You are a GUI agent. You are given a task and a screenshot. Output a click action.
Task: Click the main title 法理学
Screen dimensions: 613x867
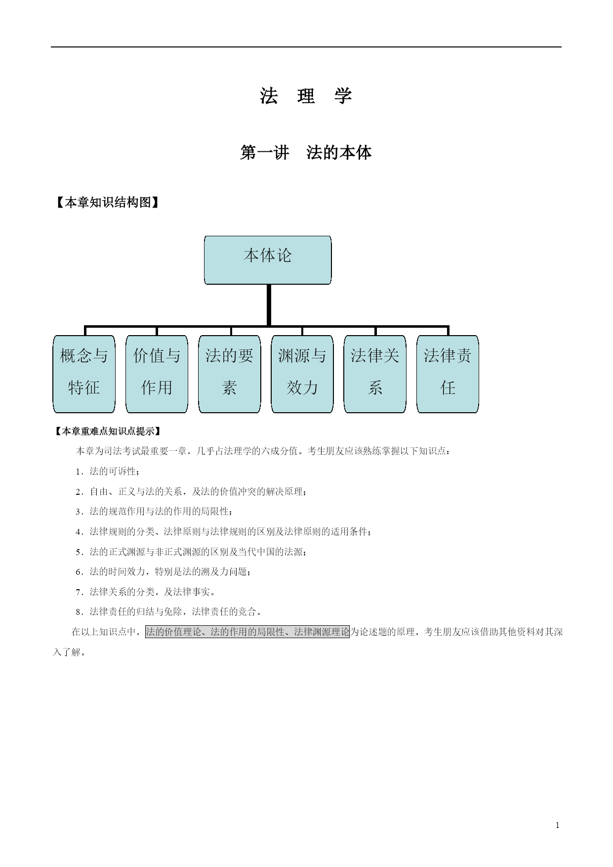pyautogui.click(x=306, y=96)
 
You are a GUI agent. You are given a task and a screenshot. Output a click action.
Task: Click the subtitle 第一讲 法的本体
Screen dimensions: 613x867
pyautogui.click(x=306, y=153)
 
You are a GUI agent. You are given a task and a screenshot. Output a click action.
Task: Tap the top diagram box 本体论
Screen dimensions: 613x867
pyautogui.click(x=268, y=260)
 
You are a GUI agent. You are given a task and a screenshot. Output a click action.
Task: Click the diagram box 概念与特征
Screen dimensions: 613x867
pyautogui.click(x=84, y=374)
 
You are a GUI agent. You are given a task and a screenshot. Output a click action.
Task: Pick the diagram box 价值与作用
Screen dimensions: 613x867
pyautogui.click(x=157, y=374)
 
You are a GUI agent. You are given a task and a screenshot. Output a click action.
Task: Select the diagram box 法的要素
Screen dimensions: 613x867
pyautogui.click(x=229, y=374)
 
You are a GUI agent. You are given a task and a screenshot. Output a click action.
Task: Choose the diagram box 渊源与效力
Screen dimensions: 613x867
pyautogui.click(x=302, y=374)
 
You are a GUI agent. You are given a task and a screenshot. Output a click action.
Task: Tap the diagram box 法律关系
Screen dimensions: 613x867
pyautogui.click(x=375, y=374)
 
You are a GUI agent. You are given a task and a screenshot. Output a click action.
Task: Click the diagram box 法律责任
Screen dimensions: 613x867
pyautogui.click(x=448, y=374)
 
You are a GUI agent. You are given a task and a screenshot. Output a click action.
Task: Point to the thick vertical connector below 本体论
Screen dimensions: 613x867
pyautogui.click(x=268, y=305)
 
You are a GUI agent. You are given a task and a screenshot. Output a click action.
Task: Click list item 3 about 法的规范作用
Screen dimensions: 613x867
pyautogui.click(x=154, y=512)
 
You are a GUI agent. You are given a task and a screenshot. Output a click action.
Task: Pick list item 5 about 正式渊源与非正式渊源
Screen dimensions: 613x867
pyautogui.click(x=191, y=552)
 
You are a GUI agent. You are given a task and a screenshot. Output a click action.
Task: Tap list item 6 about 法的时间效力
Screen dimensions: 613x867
pyautogui.click(x=163, y=572)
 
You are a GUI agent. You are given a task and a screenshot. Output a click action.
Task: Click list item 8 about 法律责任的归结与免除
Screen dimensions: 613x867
pyautogui.click(x=168, y=612)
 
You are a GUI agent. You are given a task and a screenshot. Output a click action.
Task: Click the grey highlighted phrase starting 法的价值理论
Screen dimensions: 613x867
pyautogui.click(x=247, y=632)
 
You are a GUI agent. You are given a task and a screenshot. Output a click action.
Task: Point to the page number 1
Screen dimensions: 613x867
pyautogui.click(x=558, y=825)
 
